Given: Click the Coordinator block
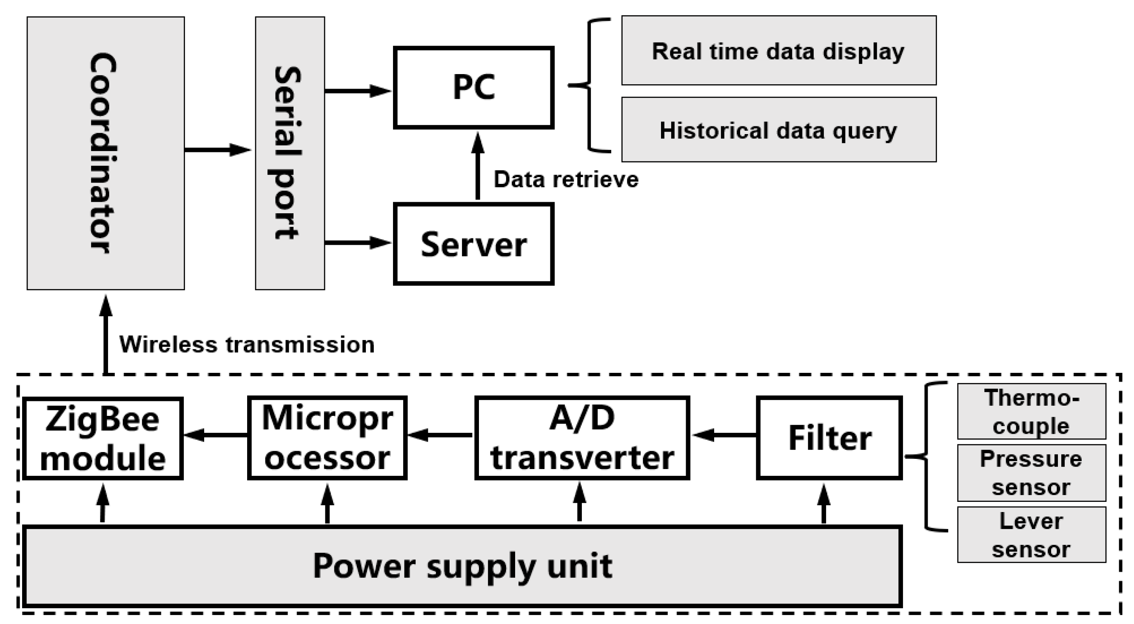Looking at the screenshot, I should tap(105, 153).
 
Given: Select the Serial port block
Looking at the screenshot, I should tap(290, 153).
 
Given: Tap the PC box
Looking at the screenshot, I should tap(474, 87).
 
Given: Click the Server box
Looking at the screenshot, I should tap(474, 244).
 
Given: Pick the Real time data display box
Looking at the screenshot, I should tap(778, 51).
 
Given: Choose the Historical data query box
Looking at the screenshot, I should tap(778, 130).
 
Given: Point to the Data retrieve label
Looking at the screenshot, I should tap(566, 179).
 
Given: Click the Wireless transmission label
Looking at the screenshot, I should tap(247, 344).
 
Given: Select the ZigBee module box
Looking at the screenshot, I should tap(103, 438).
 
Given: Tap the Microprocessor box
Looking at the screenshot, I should tap(327, 438).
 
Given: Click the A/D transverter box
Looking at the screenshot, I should tap(582, 438).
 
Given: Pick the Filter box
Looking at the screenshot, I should tap(829, 438).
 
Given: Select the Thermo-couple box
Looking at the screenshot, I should tap(1031, 411).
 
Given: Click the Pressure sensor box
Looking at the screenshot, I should tap(1031, 473).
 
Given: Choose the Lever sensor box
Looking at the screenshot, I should tap(1031, 535).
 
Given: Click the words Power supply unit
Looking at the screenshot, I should tap(462, 565).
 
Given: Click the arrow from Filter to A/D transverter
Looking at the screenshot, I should tap(724, 435).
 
